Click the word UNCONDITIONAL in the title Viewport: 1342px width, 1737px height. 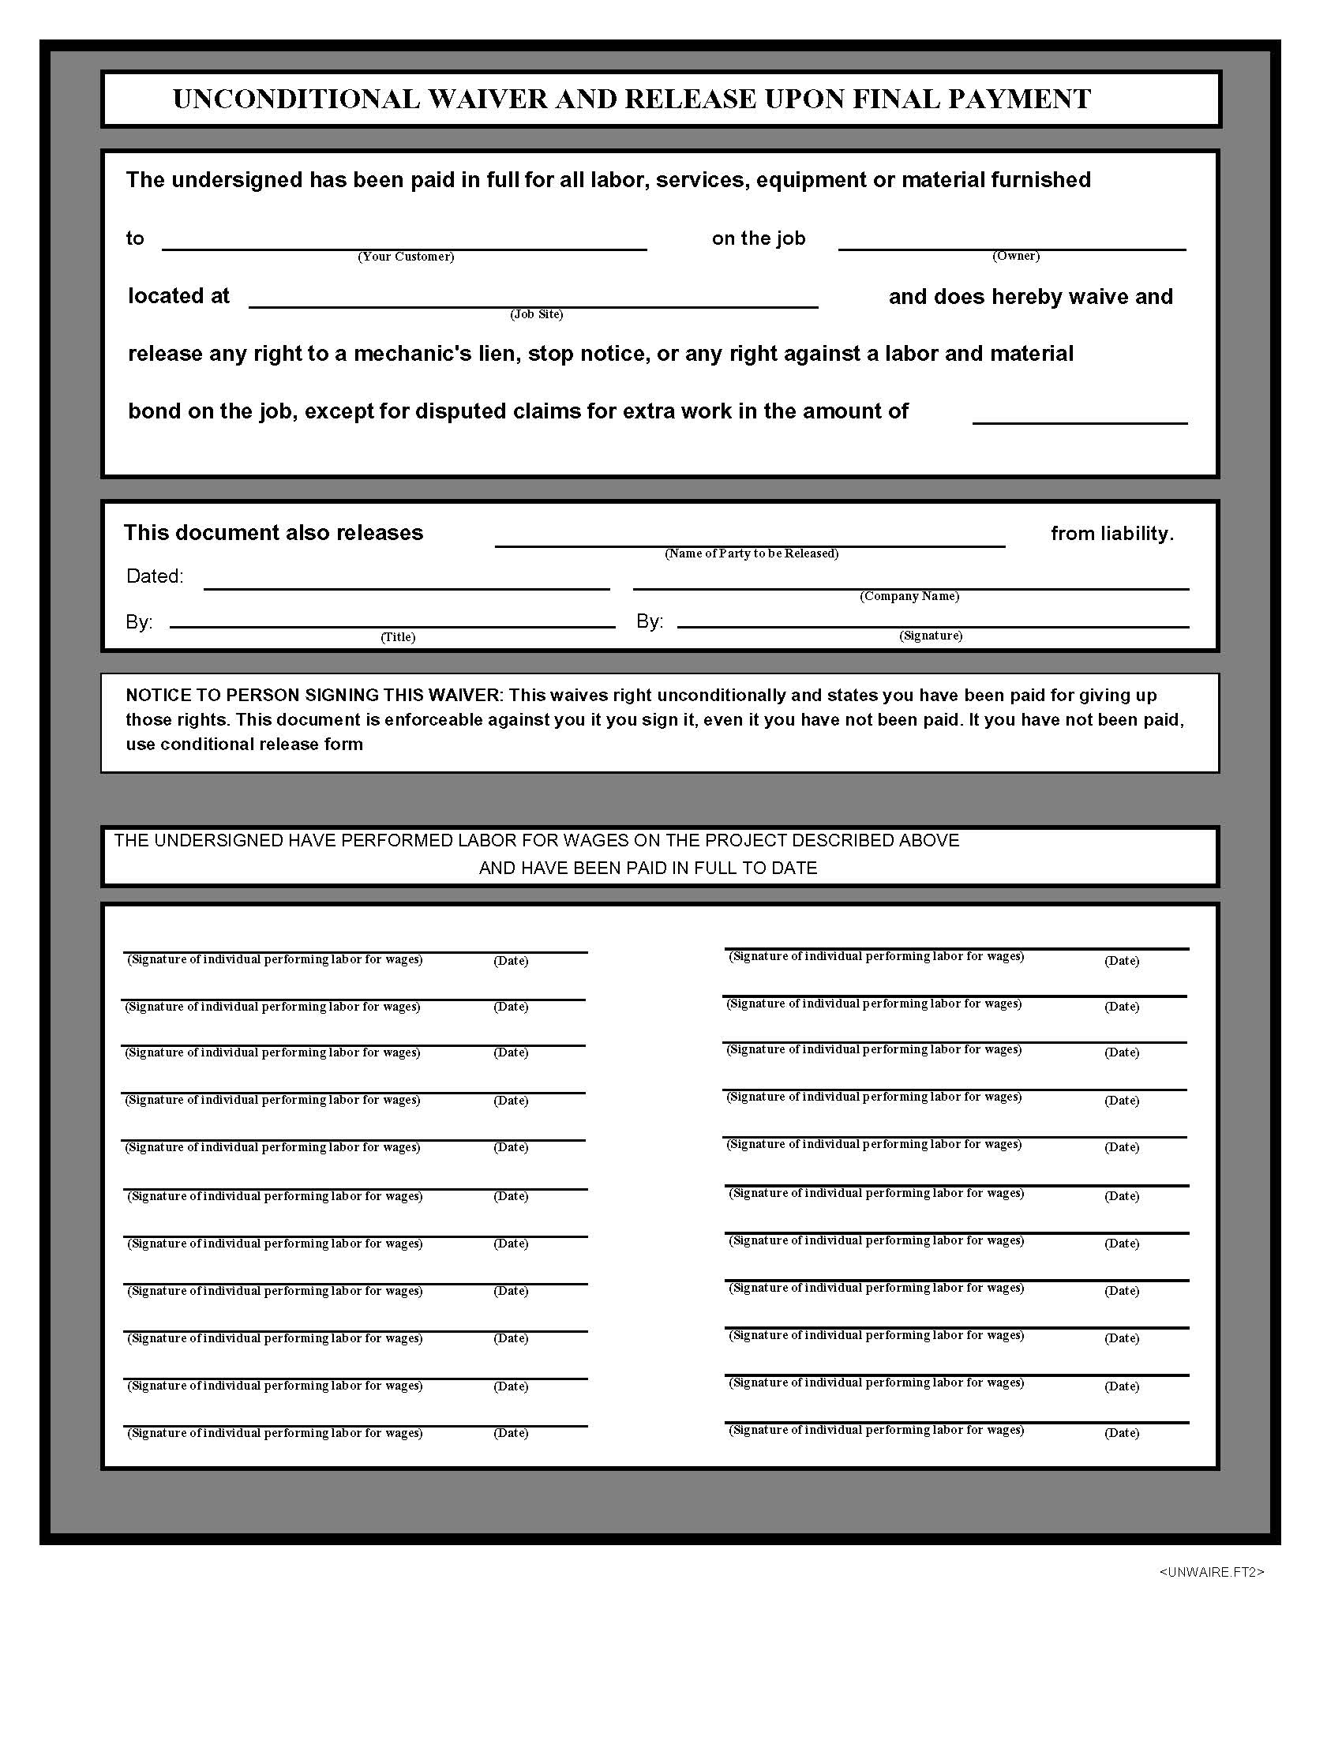tap(297, 99)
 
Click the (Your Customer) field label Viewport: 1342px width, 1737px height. tap(406, 256)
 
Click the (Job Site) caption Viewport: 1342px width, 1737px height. tap(537, 314)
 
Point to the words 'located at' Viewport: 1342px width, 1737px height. tap(179, 296)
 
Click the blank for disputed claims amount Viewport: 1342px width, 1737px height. tap(1079, 414)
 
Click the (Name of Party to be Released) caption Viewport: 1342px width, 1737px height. tap(752, 553)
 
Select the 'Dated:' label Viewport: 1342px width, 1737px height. tap(155, 576)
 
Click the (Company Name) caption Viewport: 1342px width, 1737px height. tap(909, 596)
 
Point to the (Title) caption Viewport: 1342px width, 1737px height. tap(398, 637)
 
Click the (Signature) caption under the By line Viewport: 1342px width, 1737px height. tap(930, 636)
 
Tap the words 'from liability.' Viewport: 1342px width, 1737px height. tap(1111, 534)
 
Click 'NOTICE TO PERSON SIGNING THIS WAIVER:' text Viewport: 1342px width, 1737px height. tap(314, 695)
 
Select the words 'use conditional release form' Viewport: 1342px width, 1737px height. tap(244, 745)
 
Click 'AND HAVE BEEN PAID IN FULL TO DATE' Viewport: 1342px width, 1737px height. tap(648, 868)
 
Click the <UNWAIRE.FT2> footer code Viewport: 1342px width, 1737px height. tap(1212, 1571)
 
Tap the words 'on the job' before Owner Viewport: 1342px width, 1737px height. tap(759, 238)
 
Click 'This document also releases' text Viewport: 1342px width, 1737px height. tap(273, 533)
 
